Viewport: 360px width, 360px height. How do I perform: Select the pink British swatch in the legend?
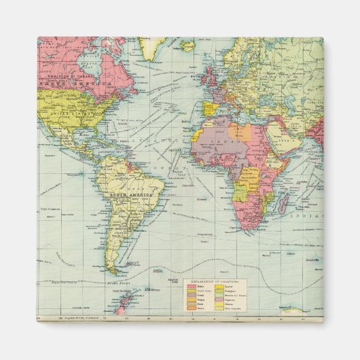pos(190,287)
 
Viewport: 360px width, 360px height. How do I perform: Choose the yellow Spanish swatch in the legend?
pos(219,287)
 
